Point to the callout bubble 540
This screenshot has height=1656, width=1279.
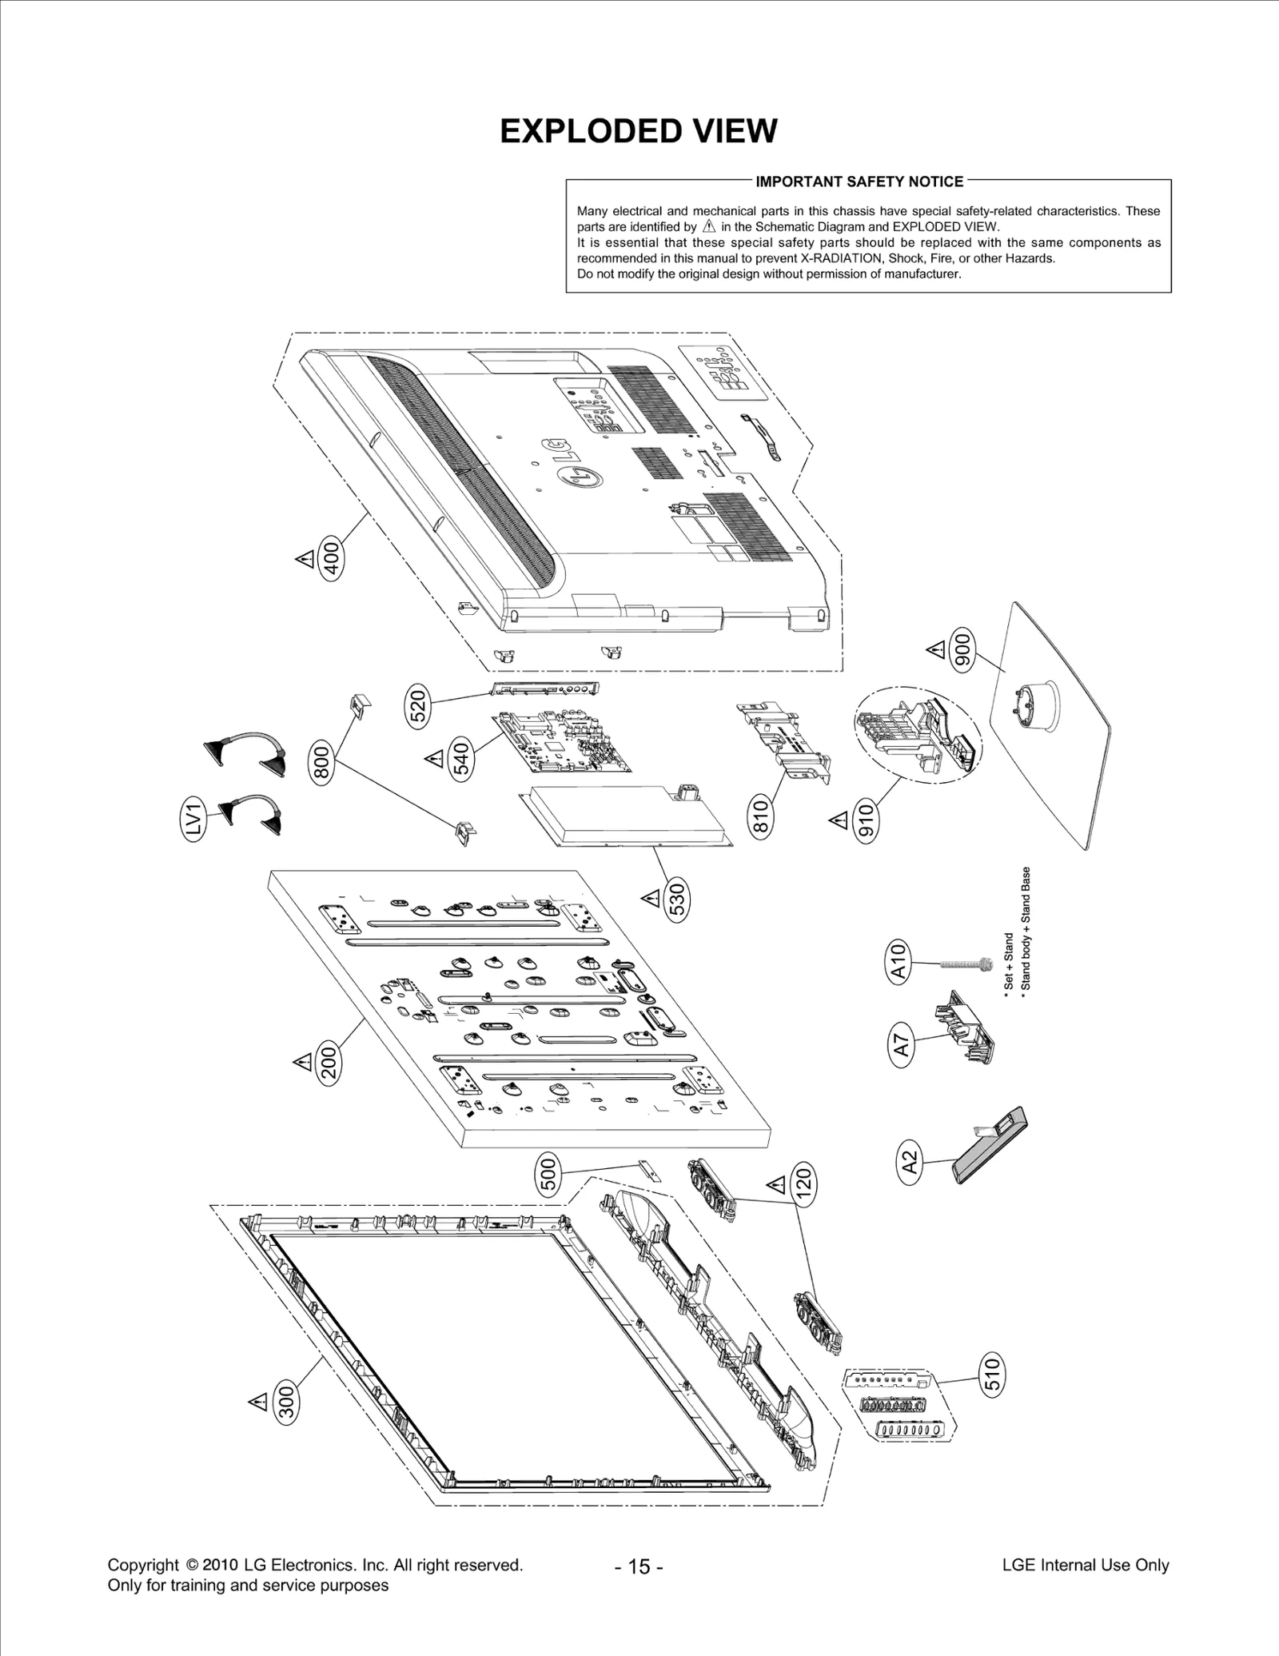coord(463,759)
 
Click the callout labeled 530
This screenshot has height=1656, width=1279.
coord(677,900)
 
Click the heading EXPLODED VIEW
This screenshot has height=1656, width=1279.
coord(638,131)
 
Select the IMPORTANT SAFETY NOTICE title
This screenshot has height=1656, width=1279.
coord(859,182)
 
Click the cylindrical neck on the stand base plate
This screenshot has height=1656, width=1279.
coord(1037,704)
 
